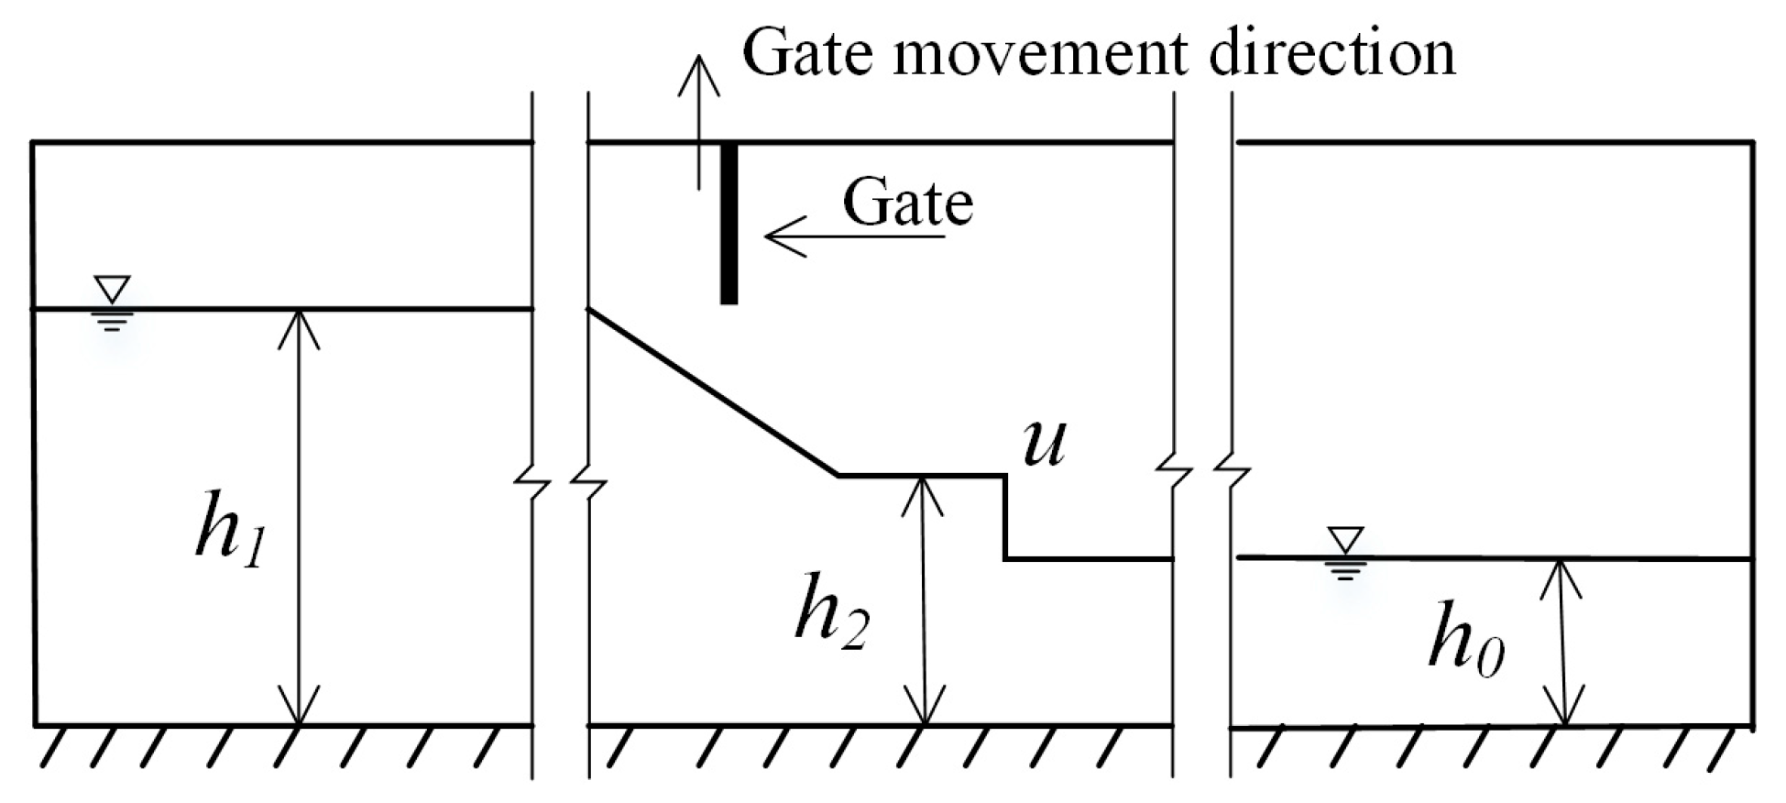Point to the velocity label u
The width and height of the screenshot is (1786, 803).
(1044, 444)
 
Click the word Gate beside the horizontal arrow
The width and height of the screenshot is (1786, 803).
(907, 203)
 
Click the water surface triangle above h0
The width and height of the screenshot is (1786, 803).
(1345, 539)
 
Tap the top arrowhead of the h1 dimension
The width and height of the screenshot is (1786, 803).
(299, 325)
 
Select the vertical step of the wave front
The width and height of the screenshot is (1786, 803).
(1006, 516)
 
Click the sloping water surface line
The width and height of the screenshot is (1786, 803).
(713, 392)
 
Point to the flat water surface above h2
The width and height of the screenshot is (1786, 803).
(922, 475)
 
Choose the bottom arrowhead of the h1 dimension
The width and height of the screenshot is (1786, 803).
(299, 710)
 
